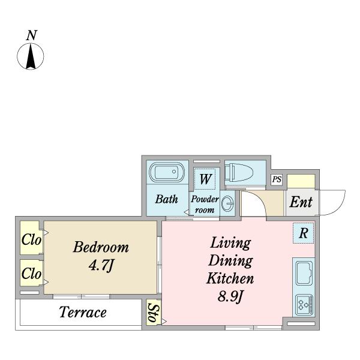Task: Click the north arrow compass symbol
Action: click(x=31, y=56)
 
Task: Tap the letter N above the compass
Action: click(x=31, y=35)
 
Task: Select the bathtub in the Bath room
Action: click(x=167, y=172)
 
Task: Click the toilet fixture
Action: click(x=239, y=172)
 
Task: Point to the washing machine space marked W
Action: click(x=205, y=179)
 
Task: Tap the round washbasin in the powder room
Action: click(x=227, y=203)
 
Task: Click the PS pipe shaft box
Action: click(x=277, y=179)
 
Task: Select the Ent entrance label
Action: click(x=301, y=202)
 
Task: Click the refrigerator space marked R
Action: click(x=303, y=233)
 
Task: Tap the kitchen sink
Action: click(x=304, y=273)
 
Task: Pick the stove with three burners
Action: click(x=304, y=305)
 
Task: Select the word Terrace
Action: click(x=83, y=313)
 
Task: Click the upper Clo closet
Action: click(x=31, y=238)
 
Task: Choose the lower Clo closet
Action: click(x=31, y=273)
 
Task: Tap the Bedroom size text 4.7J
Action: click(x=101, y=266)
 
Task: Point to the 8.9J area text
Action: click(x=230, y=296)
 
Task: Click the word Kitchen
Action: click(x=230, y=278)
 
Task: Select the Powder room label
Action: click(x=205, y=205)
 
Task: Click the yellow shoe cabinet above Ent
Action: click(x=301, y=181)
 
